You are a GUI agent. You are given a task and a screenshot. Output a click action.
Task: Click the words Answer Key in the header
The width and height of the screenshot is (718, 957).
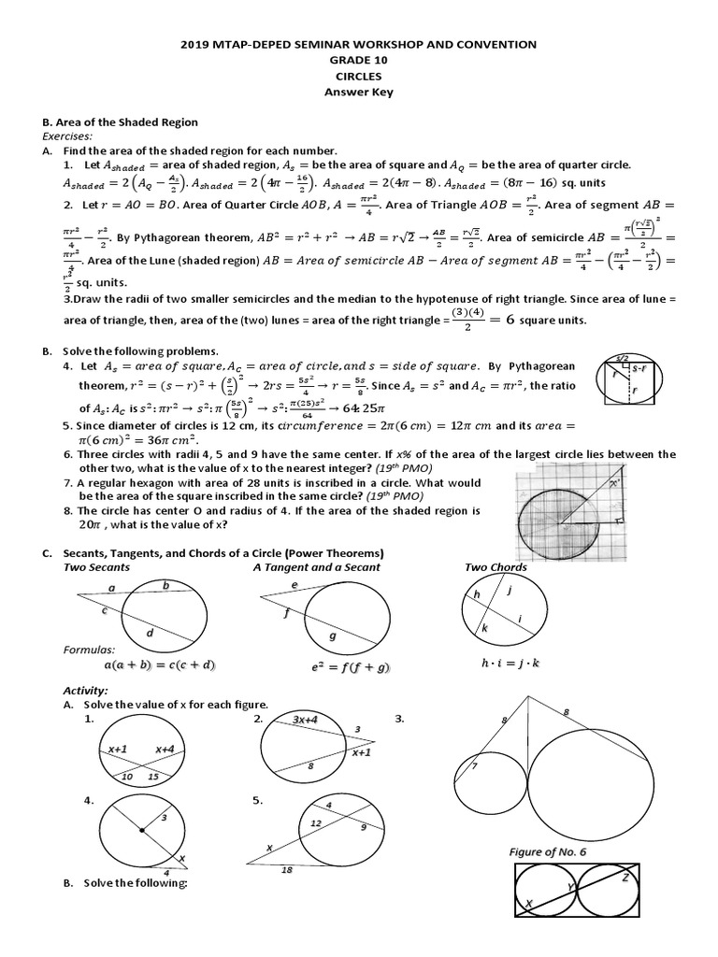coord(358,92)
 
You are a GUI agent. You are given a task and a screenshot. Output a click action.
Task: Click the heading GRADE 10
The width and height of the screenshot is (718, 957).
coord(358,60)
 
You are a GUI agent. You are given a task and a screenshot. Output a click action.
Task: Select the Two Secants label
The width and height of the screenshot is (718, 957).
coord(96,567)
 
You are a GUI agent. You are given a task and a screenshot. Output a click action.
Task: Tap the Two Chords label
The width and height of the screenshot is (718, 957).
coord(495,567)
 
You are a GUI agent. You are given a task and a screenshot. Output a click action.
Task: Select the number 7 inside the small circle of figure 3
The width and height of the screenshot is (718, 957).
coord(474,767)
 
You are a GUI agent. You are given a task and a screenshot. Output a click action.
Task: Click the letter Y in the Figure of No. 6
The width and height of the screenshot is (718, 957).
coord(569,886)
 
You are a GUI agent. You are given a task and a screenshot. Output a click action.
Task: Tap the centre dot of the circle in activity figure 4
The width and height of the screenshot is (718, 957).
coord(141,829)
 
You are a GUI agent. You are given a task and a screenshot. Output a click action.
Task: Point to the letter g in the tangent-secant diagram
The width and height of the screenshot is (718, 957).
coord(333,636)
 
